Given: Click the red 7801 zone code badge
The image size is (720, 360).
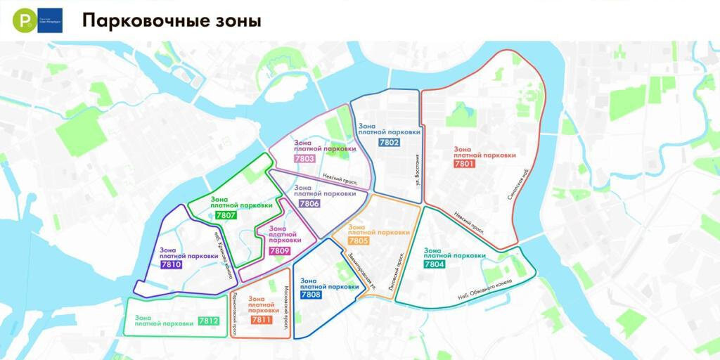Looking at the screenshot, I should (x=465, y=164).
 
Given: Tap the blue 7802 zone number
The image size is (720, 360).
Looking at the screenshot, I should (x=389, y=143).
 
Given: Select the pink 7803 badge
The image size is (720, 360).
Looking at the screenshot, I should (x=305, y=159).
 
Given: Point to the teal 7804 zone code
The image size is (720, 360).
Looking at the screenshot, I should (x=435, y=264).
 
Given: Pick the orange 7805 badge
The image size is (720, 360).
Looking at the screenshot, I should (x=359, y=241).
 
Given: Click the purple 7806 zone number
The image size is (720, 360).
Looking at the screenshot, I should (x=309, y=203).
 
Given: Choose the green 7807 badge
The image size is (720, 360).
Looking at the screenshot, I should (x=226, y=215).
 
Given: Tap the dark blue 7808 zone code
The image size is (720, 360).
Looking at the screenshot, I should (x=311, y=295).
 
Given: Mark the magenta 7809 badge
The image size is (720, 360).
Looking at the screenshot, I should (x=279, y=250).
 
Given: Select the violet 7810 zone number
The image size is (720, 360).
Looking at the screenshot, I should (x=171, y=265).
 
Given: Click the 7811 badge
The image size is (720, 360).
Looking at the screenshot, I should (x=262, y=320).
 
